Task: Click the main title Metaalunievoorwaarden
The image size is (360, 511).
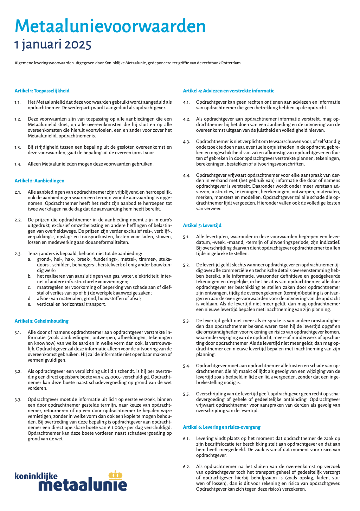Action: click(x=110, y=26)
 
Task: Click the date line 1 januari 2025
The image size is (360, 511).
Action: click(x=53, y=45)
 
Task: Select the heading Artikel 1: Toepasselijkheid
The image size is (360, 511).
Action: click(x=42, y=91)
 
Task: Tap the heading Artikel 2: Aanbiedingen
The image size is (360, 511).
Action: click(x=39, y=181)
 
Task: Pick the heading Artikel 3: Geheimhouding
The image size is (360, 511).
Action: click(x=41, y=321)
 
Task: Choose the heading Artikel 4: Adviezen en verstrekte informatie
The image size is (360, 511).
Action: click(x=229, y=91)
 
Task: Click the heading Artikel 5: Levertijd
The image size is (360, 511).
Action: click(x=202, y=225)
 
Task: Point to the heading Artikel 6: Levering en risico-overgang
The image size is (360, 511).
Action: click(x=221, y=427)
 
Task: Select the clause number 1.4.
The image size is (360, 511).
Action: click(x=18, y=164)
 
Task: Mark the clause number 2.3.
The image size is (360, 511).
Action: click(x=18, y=254)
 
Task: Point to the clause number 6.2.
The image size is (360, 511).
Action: click(x=186, y=467)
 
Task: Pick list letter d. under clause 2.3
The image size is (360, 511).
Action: click(x=30, y=299)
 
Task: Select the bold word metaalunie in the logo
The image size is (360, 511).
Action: click(x=83, y=485)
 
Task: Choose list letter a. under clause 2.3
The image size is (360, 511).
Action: click(x=30, y=259)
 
